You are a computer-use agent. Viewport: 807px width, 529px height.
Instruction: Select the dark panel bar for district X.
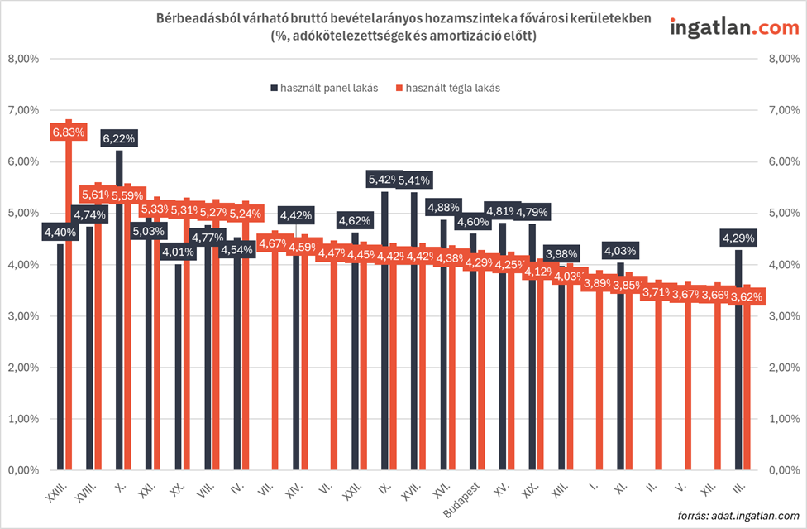(x=119, y=331)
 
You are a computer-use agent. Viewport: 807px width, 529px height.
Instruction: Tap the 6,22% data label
(x=119, y=138)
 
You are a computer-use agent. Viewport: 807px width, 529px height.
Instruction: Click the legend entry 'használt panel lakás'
(x=323, y=88)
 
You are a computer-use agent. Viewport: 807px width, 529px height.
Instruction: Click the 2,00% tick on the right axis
(x=784, y=368)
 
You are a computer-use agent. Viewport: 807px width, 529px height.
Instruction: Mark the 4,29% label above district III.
(x=739, y=238)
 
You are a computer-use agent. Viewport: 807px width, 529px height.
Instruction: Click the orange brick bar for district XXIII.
(x=69, y=331)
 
